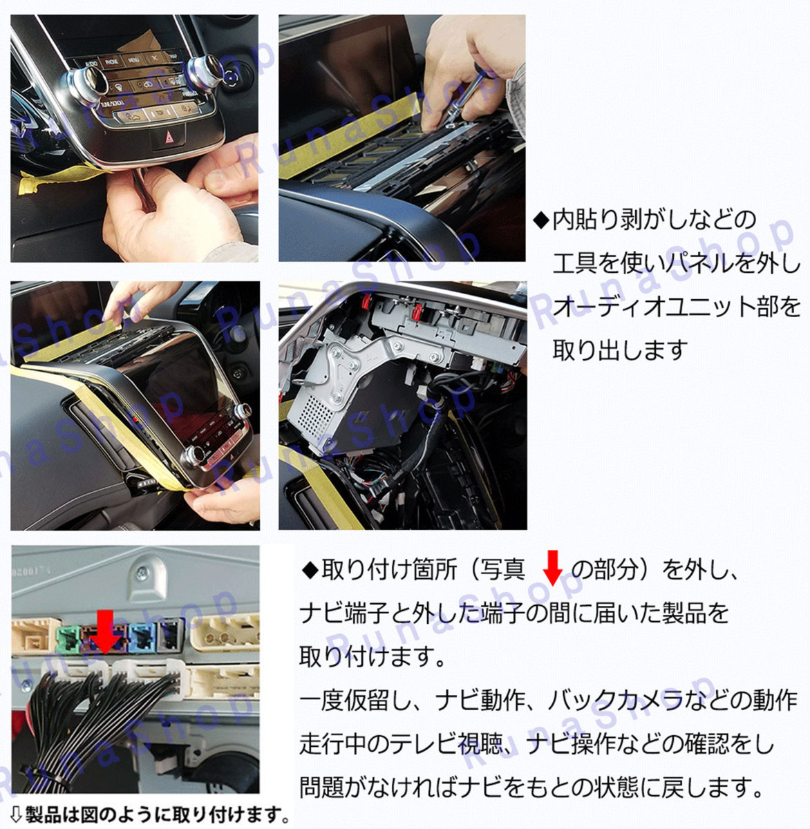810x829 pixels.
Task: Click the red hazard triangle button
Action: tap(169, 137)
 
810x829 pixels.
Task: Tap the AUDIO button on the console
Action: tap(92, 64)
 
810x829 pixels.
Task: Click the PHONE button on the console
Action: tap(112, 61)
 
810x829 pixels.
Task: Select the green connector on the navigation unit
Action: tap(68, 638)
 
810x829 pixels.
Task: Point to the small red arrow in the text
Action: tap(553, 568)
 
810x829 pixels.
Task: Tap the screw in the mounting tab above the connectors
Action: tap(142, 574)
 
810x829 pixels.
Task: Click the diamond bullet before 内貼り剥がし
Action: tap(542, 221)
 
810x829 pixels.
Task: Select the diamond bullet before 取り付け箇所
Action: tap(310, 571)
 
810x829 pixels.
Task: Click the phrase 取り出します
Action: tap(620, 350)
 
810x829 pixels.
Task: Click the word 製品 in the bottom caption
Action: tap(42, 814)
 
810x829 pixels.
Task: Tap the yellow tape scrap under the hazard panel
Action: tap(57, 178)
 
